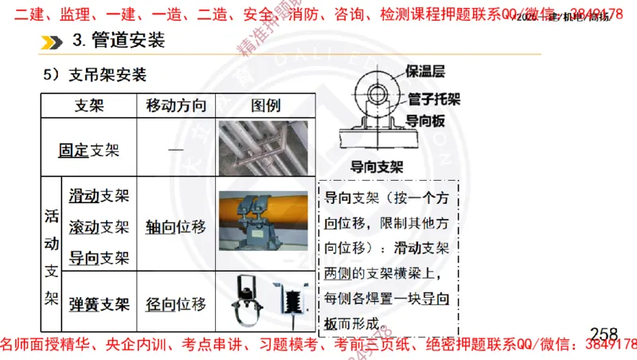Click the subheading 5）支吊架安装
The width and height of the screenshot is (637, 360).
pyautogui.click(x=96, y=76)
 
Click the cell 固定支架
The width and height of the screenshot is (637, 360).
pyautogui.click(x=89, y=149)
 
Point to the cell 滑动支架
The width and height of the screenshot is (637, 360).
pyautogui.click(x=99, y=196)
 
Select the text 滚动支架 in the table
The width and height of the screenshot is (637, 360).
pyautogui.click(x=99, y=227)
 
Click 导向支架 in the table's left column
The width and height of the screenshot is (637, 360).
pyautogui.click(x=99, y=257)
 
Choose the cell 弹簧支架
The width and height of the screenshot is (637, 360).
pyautogui.click(x=99, y=303)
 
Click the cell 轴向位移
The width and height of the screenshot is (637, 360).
pyautogui.click(x=176, y=227)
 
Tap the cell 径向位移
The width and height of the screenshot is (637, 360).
pyautogui.click(x=176, y=303)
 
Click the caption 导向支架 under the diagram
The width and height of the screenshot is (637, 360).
pyautogui.click(x=377, y=167)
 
